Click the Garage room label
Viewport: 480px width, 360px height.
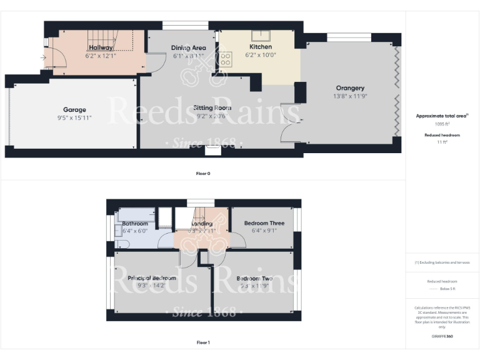pos(74,110)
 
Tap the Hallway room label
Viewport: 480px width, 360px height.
pos(101,47)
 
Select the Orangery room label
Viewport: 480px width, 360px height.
pos(349,88)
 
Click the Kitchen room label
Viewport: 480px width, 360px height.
pos(260,47)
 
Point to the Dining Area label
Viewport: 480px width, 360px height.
pos(188,47)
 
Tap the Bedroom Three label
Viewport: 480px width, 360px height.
pos(264,223)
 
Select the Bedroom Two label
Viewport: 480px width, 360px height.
pos(254,279)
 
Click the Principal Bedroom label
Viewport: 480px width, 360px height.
pos(152,278)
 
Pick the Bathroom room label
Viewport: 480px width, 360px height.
pos(135,223)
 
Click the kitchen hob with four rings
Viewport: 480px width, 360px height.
pos(226,59)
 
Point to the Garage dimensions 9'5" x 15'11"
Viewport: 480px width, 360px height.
pos(74,117)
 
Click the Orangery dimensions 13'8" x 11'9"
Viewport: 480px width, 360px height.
pos(349,96)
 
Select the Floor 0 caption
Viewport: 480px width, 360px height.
pos(203,173)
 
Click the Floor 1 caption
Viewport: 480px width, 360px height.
pos(203,342)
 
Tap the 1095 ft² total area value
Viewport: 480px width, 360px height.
pos(442,124)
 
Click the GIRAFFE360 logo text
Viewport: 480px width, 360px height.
pos(442,336)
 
